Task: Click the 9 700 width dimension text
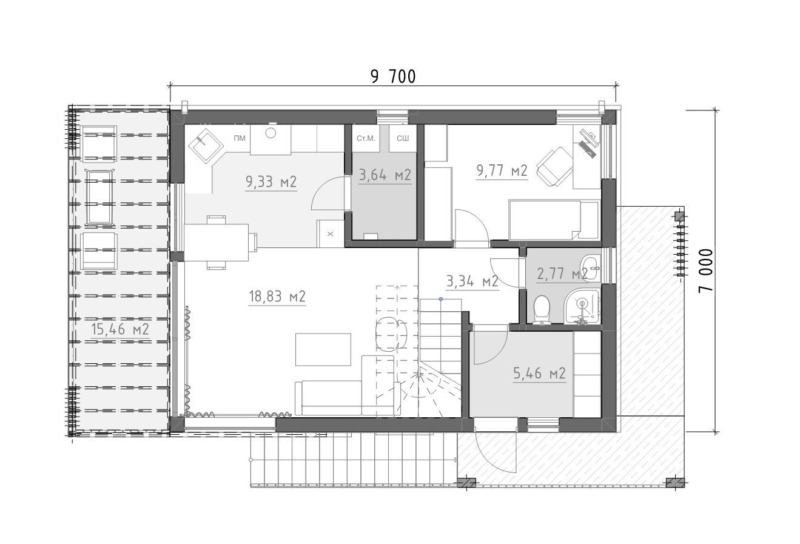click(x=393, y=77)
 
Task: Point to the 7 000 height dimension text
click(x=705, y=270)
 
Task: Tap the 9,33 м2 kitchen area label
click(x=271, y=182)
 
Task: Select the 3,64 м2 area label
click(x=385, y=175)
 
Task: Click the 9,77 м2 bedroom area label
click(x=502, y=171)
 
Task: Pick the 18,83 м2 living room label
click(x=277, y=297)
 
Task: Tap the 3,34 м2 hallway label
click(x=472, y=281)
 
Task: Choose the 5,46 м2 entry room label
click(x=539, y=373)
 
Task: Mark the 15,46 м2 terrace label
click(x=120, y=329)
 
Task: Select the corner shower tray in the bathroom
click(x=582, y=306)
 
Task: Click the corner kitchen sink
click(x=206, y=146)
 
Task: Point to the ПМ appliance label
click(x=240, y=138)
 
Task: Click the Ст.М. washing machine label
click(x=366, y=138)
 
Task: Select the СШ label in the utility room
click(x=403, y=138)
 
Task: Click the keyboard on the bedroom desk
click(x=587, y=149)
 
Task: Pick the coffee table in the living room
click(x=323, y=349)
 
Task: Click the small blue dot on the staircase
click(x=441, y=299)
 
